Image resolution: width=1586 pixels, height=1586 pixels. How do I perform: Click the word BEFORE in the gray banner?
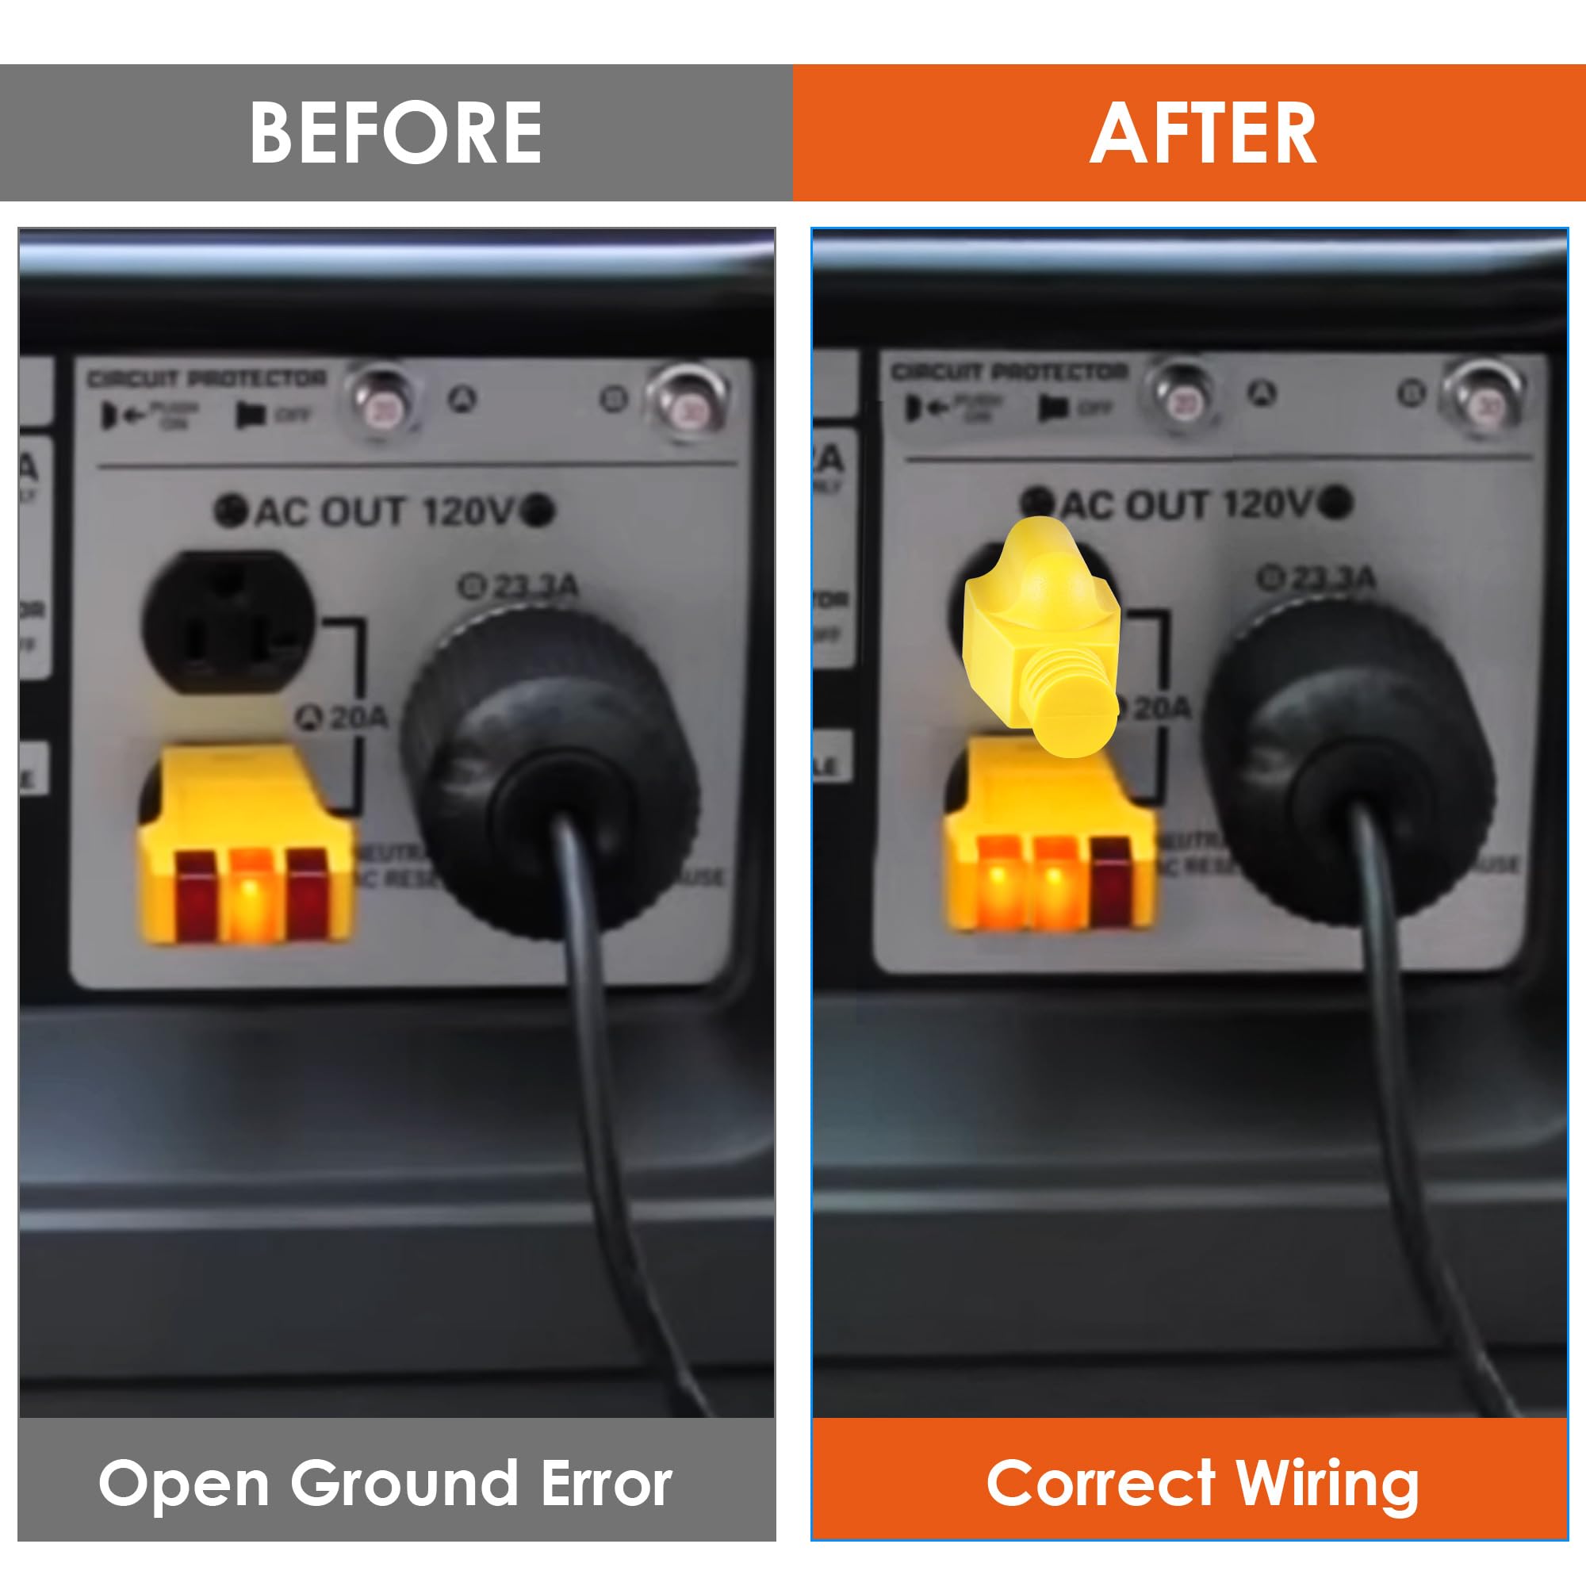(x=396, y=133)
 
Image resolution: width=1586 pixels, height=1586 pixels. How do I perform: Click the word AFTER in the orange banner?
(x=1203, y=133)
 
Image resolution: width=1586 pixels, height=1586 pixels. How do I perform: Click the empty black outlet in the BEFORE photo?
(x=228, y=622)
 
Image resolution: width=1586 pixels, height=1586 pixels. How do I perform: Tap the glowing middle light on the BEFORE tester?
(x=251, y=895)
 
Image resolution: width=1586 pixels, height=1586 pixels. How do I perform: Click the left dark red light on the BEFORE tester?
(x=195, y=895)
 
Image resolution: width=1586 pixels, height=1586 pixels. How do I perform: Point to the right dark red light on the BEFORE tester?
(x=306, y=895)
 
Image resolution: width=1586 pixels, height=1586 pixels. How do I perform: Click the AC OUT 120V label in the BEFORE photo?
(x=384, y=511)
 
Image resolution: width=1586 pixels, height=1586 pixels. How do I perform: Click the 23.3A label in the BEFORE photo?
(x=519, y=586)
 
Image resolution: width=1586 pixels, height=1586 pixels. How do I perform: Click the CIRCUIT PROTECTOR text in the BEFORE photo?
(x=207, y=379)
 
